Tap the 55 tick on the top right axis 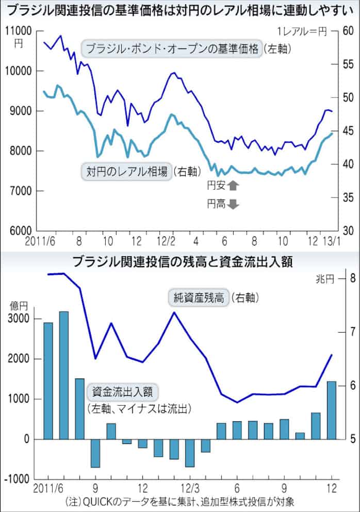coord(347,64)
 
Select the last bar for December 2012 coord(332,410)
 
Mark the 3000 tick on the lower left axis coord(21,319)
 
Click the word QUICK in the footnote coord(94,501)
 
